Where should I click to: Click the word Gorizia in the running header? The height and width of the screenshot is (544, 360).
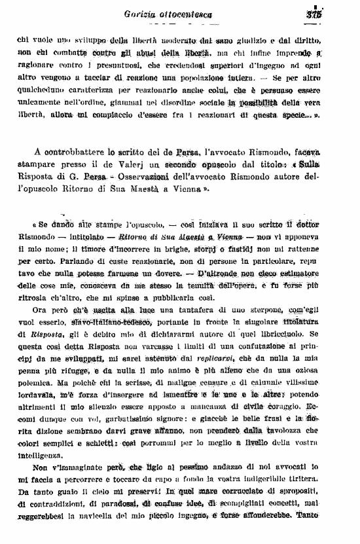[142, 14]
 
